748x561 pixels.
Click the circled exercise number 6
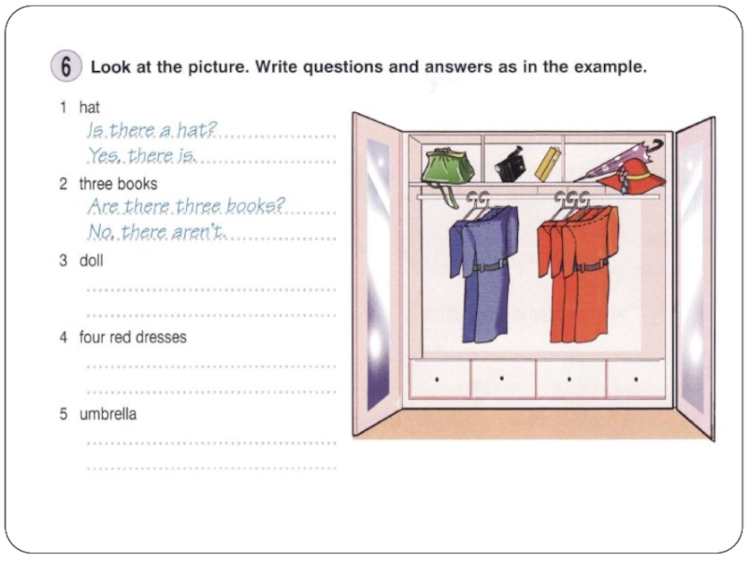[65, 65]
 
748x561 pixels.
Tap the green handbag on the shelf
[448, 168]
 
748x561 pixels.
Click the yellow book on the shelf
[548, 165]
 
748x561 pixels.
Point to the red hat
[633, 177]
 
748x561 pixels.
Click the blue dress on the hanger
[483, 273]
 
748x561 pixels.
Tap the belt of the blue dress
[489, 266]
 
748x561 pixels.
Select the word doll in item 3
[91, 261]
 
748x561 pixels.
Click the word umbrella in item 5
[108, 413]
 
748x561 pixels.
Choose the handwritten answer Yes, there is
[142, 155]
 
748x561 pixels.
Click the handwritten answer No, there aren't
[156, 232]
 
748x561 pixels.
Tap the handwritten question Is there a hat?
[151, 129]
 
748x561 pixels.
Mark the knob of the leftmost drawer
[437, 380]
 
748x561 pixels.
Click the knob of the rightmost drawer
[636, 380]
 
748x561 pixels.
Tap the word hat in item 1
[89, 108]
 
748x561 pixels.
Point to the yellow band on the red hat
[638, 176]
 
